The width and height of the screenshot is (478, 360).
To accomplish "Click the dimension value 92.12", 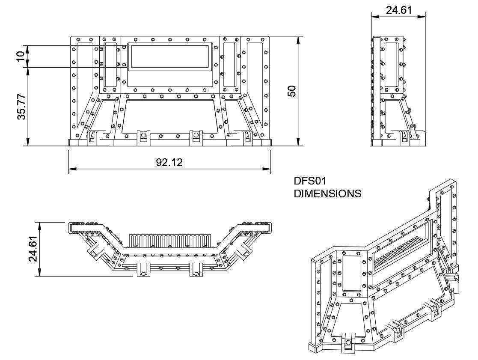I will tap(169, 162).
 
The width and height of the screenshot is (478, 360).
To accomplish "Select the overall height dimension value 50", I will tap(292, 91).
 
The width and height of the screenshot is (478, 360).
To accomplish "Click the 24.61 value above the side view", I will tap(399, 10).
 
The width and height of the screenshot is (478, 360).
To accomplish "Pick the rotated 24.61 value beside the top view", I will tap(33, 249).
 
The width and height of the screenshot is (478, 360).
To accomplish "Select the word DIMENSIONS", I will tap(327, 193).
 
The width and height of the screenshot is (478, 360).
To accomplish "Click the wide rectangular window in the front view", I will tap(169, 57).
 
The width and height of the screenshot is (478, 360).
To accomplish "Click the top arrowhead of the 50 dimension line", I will tap(298, 39).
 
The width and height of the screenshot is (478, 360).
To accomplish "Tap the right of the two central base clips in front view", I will tap(196, 137).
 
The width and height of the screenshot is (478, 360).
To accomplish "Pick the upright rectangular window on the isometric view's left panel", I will tap(352, 272).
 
